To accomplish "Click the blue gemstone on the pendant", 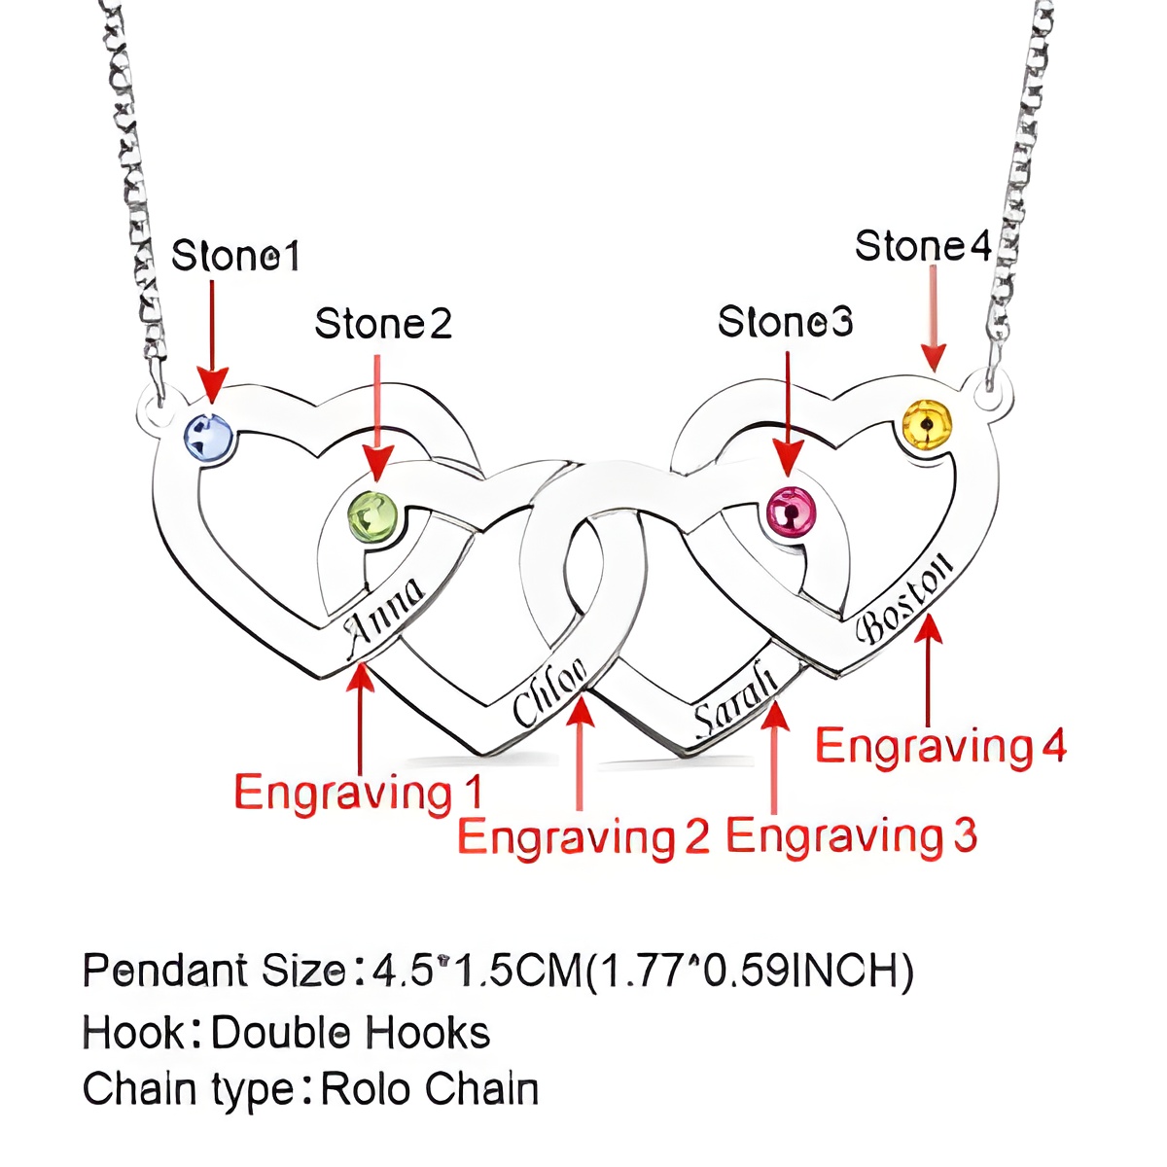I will (x=209, y=437).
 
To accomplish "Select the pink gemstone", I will (x=791, y=510).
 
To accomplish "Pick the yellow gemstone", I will (x=927, y=425).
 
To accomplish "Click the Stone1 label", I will (x=235, y=257).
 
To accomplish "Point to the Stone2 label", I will (x=383, y=324).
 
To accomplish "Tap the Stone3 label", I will (x=785, y=322).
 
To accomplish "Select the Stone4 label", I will (x=922, y=247).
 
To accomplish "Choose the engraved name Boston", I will (x=904, y=597).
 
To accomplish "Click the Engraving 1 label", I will (x=358, y=793).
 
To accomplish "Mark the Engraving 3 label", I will (x=851, y=836).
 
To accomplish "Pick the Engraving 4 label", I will (x=940, y=747).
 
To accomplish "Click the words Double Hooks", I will (x=350, y=1033).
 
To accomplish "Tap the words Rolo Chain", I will (x=429, y=1090).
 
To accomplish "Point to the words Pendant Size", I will (x=214, y=971).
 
